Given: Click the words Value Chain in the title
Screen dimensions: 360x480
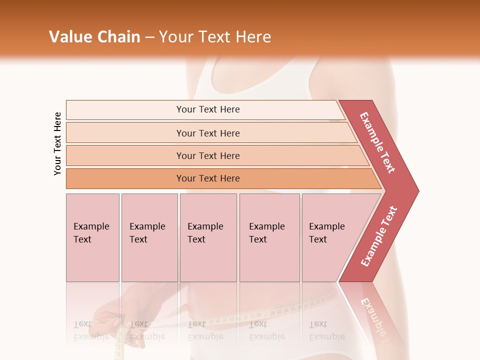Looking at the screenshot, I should pyautogui.click(x=94, y=37).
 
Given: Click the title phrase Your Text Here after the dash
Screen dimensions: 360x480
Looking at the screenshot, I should pyautogui.click(x=215, y=37).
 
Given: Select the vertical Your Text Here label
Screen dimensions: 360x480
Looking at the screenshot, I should pyautogui.click(x=57, y=143).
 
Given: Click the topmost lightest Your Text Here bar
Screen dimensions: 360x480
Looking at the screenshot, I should pyautogui.click(x=208, y=109).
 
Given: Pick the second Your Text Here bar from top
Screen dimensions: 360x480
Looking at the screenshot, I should pyautogui.click(x=208, y=133).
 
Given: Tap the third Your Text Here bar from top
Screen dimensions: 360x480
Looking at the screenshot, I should pyautogui.click(x=208, y=155).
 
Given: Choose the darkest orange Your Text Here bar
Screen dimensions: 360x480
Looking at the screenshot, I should pyautogui.click(x=208, y=178).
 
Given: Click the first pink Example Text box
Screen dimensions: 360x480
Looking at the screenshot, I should pyautogui.click(x=92, y=237).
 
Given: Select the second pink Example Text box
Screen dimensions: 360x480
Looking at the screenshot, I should pyautogui.click(x=149, y=237).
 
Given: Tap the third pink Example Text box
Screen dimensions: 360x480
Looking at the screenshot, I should pyautogui.click(x=208, y=237).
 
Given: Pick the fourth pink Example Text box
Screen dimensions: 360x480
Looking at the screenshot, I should pyautogui.click(x=269, y=237).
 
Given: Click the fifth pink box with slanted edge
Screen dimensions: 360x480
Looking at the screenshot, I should pyautogui.click(x=330, y=237).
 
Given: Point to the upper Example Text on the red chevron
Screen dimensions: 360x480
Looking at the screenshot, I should pyautogui.click(x=377, y=142).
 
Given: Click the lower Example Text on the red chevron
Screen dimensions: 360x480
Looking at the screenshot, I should pyautogui.click(x=379, y=236).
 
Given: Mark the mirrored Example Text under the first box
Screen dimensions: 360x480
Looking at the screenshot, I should pyautogui.click(x=91, y=330).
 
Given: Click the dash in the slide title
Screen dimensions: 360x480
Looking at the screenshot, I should pyautogui.click(x=149, y=37).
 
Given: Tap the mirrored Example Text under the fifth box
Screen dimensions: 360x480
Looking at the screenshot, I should pyautogui.click(x=326, y=330).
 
